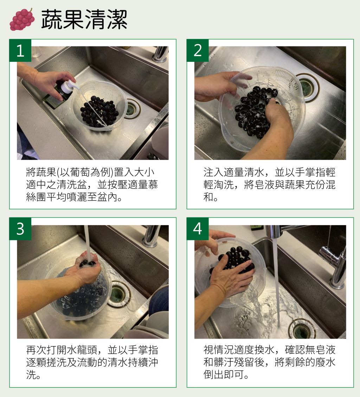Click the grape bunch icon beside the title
(x=22, y=20)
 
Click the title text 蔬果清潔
(x=84, y=20)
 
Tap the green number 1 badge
(x=20, y=50)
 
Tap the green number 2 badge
(x=198, y=50)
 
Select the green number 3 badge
(x=20, y=229)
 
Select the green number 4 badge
(x=198, y=229)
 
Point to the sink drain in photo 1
(x=132, y=109)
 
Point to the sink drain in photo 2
(x=307, y=87)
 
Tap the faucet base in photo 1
(x=160, y=54)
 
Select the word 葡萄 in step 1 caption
(x=80, y=173)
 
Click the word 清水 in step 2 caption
(x=254, y=173)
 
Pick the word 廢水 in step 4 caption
(x=325, y=362)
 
